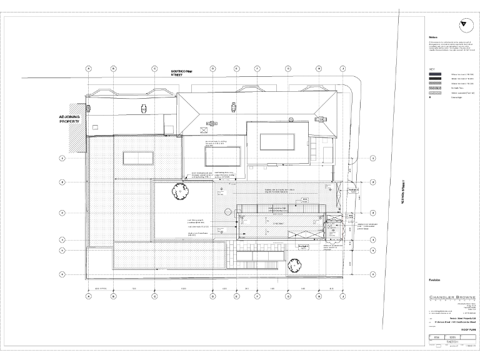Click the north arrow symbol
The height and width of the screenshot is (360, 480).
(x=462, y=24)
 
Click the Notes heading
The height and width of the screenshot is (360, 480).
(x=431, y=36)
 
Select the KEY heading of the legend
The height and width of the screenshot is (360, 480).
(x=431, y=69)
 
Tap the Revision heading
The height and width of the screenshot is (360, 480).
(x=435, y=279)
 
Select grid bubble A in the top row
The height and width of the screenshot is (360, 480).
(x=89, y=68)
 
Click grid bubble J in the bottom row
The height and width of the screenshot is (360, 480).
(x=342, y=296)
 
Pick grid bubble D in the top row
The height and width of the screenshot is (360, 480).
(x=212, y=68)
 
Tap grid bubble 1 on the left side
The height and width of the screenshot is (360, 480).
(x=62, y=158)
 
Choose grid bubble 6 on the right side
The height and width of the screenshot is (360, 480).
(x=374, y=274)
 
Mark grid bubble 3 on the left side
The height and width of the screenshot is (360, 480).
(x=62, y=212)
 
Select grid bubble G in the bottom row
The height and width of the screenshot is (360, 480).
(x=288, y=296)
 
